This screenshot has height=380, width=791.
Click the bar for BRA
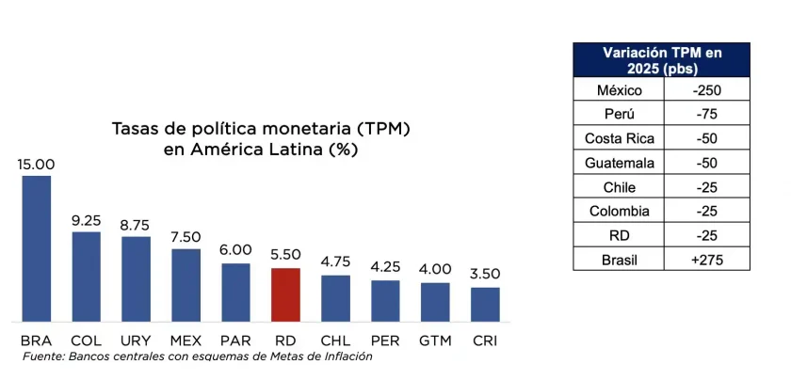pyautogui.click(x=36, y=248)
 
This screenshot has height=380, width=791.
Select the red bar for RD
pyautogui.click(x=285, y=294)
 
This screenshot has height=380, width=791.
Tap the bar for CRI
pyautogui.click(x=485, y=304)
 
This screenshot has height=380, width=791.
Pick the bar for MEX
pyautogui.click(x=186, y=285)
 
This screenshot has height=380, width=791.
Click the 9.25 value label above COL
pyautogui.click(x=87, y=220)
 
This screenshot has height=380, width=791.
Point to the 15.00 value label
pyautogui.click(x=36, y=164)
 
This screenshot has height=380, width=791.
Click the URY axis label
pyautogui.click(x=136, y=340)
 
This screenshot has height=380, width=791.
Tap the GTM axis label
pyautogui.click(x=435, y=340)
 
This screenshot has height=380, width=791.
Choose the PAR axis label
pyautogui.click(x=235, y=340)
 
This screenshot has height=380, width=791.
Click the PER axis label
pyautogui.click(x=385, y=340)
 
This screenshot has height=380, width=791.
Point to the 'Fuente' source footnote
pyautogui.click(x=198, y=356)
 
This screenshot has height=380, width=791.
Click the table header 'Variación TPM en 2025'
pyautogui.click(x=662, y=60)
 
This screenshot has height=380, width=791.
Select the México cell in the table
pyautogui.click(x=619, y=90)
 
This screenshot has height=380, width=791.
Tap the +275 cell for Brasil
pyautogui.click(x=706, y=259)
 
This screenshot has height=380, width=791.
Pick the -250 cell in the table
pyautogui.click(x=706, y=90)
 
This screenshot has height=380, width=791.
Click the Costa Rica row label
pyautogui.click(x=619, y=138)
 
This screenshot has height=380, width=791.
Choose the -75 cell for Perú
pyautogui.click(x=706, y=115)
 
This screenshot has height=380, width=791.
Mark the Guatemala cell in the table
pyautogui.click(x=619, y=163)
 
